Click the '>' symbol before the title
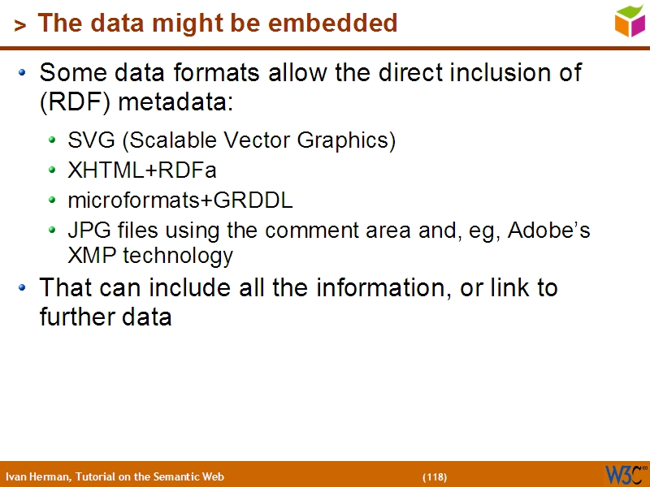click(x=19, y=25)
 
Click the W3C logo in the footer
click(x=625, y=474)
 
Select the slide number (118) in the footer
click(x=435, y=476)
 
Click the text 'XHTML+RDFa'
click(x=142, y=170)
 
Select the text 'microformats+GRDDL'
click(x=180, y=200)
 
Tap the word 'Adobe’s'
click(x=549, y=231)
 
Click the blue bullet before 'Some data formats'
click(x=23, y=73)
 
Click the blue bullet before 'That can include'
click(x=23, y=287)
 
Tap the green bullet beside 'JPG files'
click(x=52, y=231)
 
